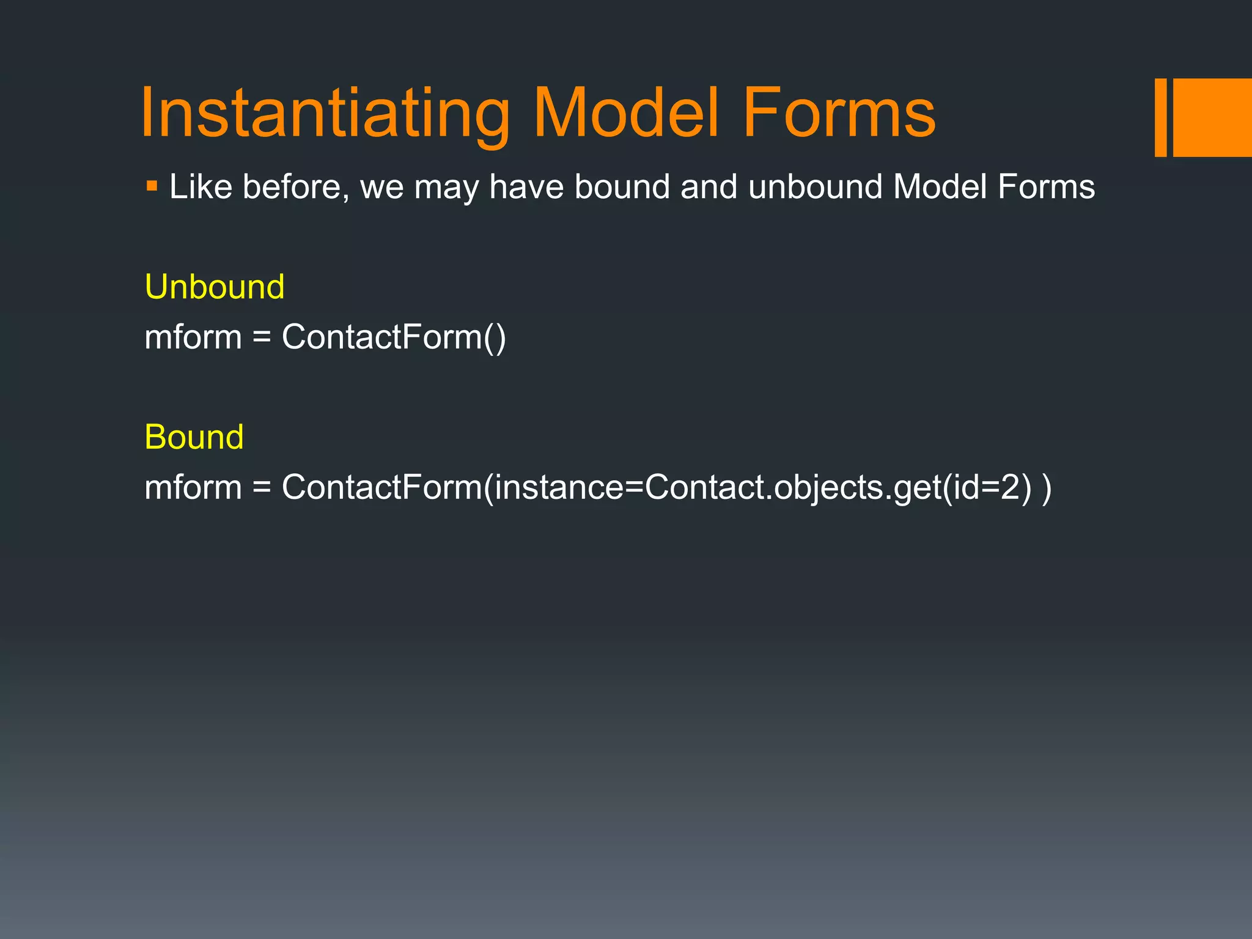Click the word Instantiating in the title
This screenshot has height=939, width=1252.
(x=325, y=114)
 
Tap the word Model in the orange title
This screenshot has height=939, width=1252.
(x=627, y=114)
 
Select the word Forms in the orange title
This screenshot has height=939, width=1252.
(x=838, y=114)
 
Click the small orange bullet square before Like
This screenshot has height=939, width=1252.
(x=152, y=185)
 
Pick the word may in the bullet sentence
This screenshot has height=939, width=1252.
(x=446, y=188)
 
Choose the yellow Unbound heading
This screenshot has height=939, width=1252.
(x=215, y=287)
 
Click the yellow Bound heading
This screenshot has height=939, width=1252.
(x=194, y=437)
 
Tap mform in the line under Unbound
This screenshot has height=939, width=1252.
(x=193, y=337)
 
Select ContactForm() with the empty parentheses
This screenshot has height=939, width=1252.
(x=394, y=337)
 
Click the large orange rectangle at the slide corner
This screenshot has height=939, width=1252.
(x=1212, y=117)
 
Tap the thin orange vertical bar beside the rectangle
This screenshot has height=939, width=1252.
(x=1160, y=117)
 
